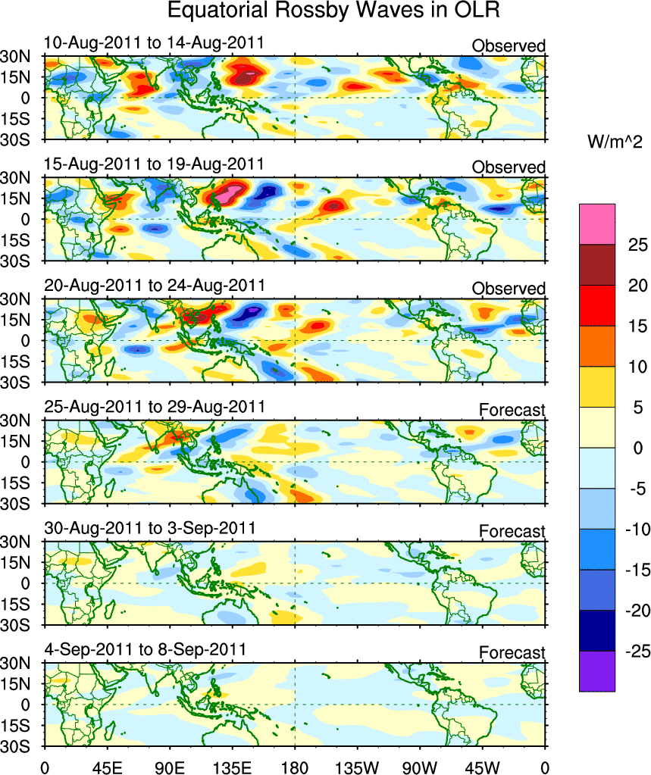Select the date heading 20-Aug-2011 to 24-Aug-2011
(x=154, y=286)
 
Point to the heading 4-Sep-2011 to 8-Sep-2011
(x=144, y=650)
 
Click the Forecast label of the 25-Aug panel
(x=512, y=411)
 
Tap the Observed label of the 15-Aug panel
(x=508, y=167)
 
